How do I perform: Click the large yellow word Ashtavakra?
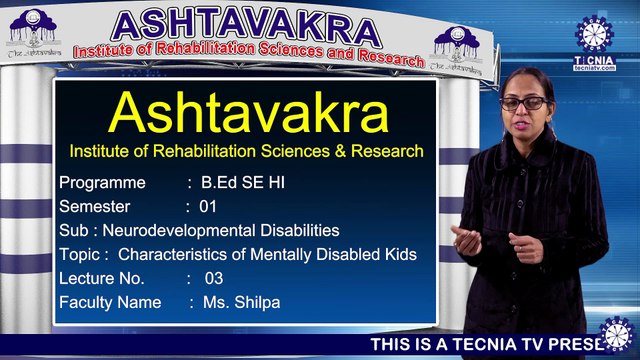(x=247, y=112)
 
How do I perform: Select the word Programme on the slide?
(x=103, y=183)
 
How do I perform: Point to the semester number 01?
(x=208, y=207)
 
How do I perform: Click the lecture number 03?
(x=213, y=278)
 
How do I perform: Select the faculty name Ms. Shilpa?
(x=239, y=302)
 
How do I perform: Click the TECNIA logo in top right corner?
(x=594, y=39)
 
